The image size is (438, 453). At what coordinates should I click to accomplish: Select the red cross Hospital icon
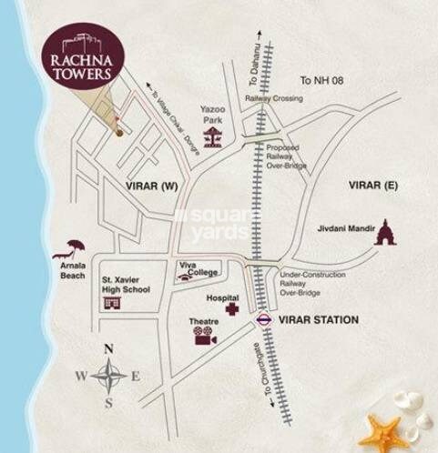click(x=232, y=311)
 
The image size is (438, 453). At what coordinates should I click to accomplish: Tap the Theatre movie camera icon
click(x=203, y=337)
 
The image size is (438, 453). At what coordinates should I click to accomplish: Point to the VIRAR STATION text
click(x=319, y=320)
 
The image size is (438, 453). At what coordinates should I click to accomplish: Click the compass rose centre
click(x=108, y=375)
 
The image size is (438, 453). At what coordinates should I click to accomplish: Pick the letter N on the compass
click(x=108, y=348)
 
